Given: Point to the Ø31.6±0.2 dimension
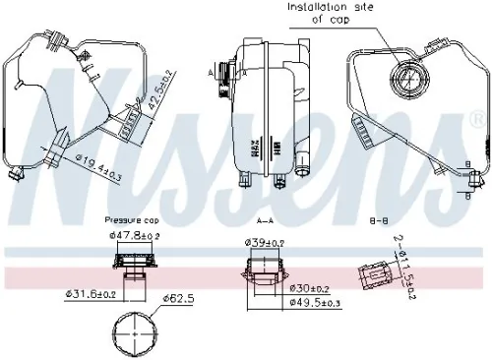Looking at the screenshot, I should click(92, 294).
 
